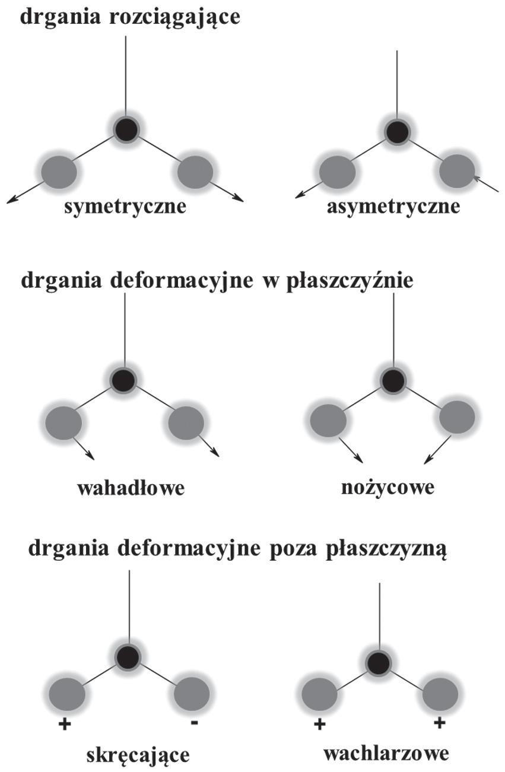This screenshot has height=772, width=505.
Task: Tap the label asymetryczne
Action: (x=393, y=207)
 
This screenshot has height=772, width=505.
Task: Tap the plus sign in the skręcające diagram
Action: (x=64, y=724)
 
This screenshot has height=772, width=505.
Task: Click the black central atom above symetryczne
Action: (x=126, y=129)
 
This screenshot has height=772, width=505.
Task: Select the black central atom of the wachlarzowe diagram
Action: (x=377, y=663)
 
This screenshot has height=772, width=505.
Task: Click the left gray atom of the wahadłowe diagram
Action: (x=63, y=422)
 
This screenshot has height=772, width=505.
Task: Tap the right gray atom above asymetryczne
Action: (x=457, y=171)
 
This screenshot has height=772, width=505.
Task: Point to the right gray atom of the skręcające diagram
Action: (x=192, y=693)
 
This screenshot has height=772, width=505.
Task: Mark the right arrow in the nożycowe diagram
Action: (x=436, y=450)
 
